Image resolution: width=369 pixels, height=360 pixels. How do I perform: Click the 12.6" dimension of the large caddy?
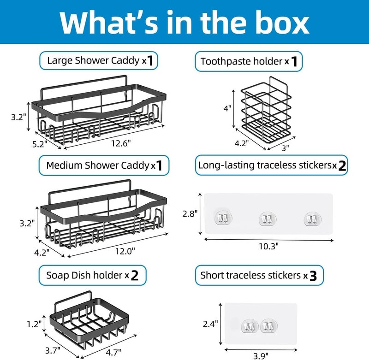click(x=121, y=143)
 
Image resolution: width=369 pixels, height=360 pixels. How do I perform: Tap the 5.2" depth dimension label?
click(x=40, y=144)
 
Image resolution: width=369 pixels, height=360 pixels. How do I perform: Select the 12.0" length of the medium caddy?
click(x=125, y=251)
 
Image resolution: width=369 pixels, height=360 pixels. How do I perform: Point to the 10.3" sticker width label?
click(x=268, y=246)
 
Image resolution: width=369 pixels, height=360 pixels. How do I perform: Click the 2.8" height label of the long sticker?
click(x=190, y=214)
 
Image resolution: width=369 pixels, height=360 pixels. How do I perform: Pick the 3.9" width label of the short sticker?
click(x=261, y=356)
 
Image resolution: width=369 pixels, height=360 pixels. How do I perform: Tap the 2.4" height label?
click(x=210, y=324)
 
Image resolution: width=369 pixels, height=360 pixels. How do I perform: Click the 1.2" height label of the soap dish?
click(x=34, y=324)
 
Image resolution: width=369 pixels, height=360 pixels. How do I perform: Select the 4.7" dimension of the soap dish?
click(x=113, y=352)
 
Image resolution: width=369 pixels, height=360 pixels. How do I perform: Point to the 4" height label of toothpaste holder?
click(x=227, y=108)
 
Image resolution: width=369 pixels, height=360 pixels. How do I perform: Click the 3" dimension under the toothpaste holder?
click(x=285, y=148)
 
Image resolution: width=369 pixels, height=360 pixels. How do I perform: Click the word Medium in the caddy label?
click(x=64, y=165)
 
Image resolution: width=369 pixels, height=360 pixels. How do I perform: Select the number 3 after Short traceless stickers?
click(x=313, y=276)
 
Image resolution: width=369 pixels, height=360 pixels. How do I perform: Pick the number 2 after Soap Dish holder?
click(x=134, y=275)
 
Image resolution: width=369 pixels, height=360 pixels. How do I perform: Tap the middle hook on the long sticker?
click(x=268, y=218)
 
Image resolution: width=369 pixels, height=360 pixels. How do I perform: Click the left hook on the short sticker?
click(x=250, y=326)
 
